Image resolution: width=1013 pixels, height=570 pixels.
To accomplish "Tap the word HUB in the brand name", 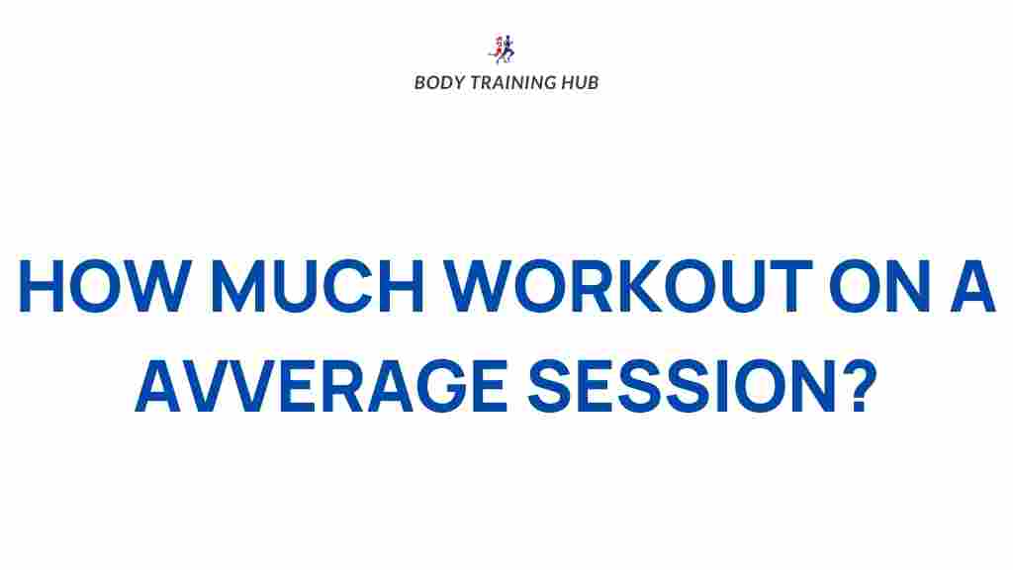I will tap(580, 82).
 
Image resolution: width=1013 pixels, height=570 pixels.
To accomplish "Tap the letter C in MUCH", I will tap(351, 286).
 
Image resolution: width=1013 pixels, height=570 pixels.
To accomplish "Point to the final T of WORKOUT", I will tap(787, 286).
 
